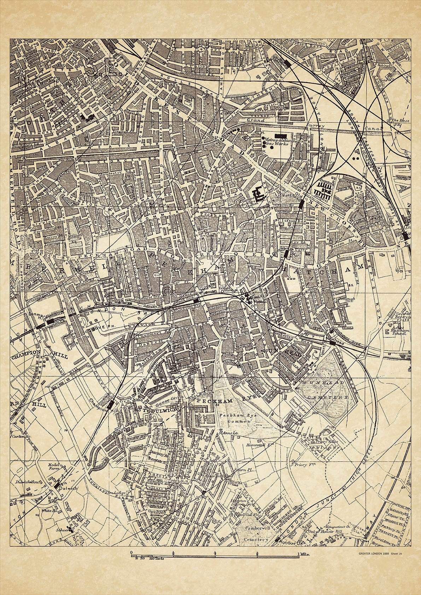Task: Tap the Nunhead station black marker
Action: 332,332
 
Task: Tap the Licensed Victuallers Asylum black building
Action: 259,193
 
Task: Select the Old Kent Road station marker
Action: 301,204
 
